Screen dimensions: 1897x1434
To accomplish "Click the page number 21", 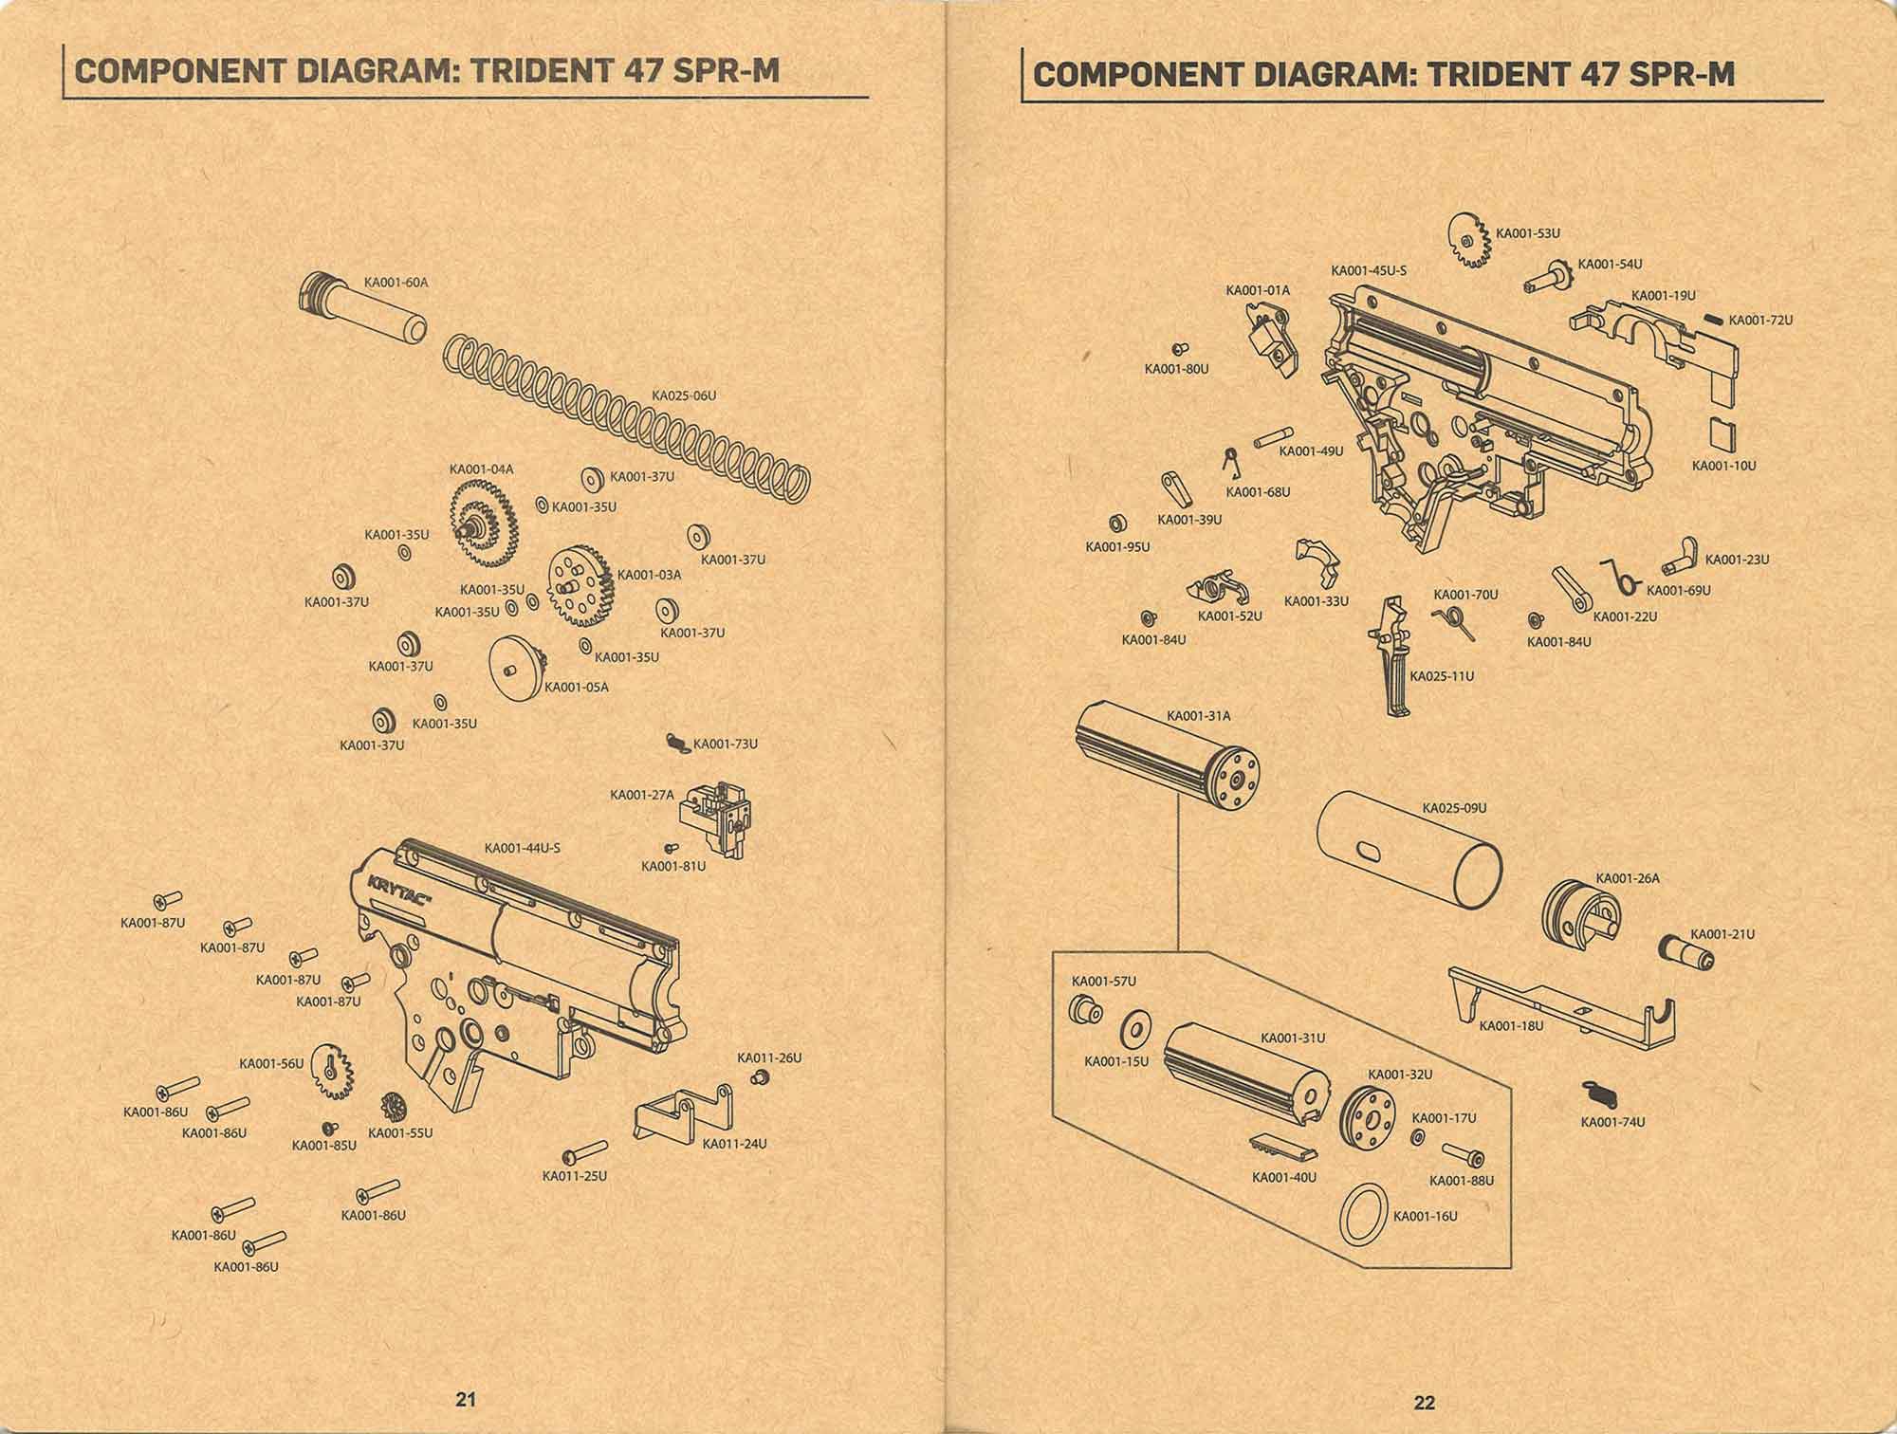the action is tap(466, 1399).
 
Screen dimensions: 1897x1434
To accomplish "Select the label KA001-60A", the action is tap(396, 283).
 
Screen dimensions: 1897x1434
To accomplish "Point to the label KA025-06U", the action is tap(683, 395).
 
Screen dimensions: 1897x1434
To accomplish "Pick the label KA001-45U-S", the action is tap(1369, 270).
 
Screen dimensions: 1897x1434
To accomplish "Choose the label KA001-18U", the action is tap(1511, 1025).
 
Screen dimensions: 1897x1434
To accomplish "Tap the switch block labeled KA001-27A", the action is tap(722, 818).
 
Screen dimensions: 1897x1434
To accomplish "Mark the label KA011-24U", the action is tap(734, 1143).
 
